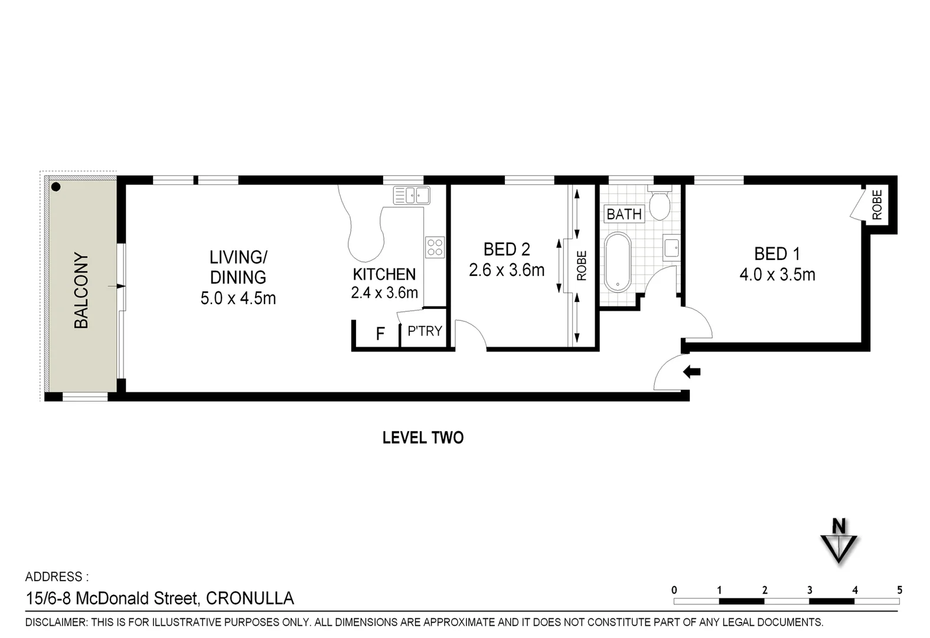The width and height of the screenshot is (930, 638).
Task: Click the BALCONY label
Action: (x=81, y=291)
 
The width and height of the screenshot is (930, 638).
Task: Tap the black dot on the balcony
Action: (x=56, y=187)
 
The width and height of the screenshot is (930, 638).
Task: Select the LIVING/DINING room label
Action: (x=238, y=267)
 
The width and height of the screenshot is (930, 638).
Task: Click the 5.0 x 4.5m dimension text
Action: (x=238, y=298)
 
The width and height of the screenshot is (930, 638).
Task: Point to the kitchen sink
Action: (x=412, y=195)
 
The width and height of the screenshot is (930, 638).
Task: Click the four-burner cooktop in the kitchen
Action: (x=435, y=247)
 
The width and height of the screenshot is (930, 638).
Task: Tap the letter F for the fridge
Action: (x=380, y=334)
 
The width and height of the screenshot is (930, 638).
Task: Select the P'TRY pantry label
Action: (x=425, y=331)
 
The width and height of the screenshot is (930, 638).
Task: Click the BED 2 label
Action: (x=506, y=250)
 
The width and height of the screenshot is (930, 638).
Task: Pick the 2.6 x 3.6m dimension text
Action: (x=506, y=271)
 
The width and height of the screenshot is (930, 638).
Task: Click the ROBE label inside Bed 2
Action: (x=582, y=266)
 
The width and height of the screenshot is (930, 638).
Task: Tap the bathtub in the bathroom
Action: (x=618, y=262)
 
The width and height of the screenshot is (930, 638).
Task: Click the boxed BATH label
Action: (x=624, y=214)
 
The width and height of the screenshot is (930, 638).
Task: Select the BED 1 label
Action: (x=777, y=254)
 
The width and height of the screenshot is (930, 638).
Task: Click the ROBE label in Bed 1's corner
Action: (x=877, y=204)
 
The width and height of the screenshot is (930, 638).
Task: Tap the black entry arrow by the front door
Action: (x=691, y=372)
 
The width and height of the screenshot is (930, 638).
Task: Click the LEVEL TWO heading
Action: (x=423, y=438)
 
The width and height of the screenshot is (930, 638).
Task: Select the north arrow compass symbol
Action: (x=838, y=542)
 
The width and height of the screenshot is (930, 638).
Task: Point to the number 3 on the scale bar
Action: (x=809, y=590)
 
